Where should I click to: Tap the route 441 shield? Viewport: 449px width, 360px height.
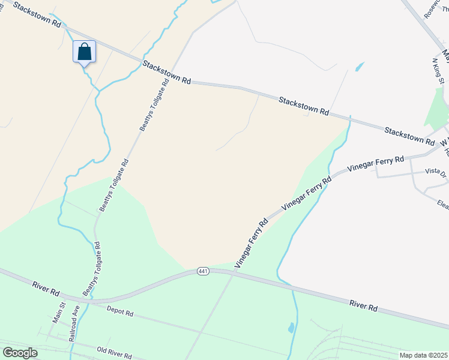coord(203,272)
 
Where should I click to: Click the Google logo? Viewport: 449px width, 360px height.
coord(20,353)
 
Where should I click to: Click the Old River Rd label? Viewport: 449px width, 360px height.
coord(114,351)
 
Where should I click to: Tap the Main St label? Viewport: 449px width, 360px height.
coord(58,314)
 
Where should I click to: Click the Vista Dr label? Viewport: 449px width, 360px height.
coord(436,172)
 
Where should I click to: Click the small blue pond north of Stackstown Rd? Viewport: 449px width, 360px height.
coord(360,67)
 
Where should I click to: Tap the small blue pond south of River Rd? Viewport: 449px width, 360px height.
coord(291,328)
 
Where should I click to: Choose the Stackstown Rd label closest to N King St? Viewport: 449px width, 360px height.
coord(409,136)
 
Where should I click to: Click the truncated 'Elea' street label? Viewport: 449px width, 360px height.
coord(443,205)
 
